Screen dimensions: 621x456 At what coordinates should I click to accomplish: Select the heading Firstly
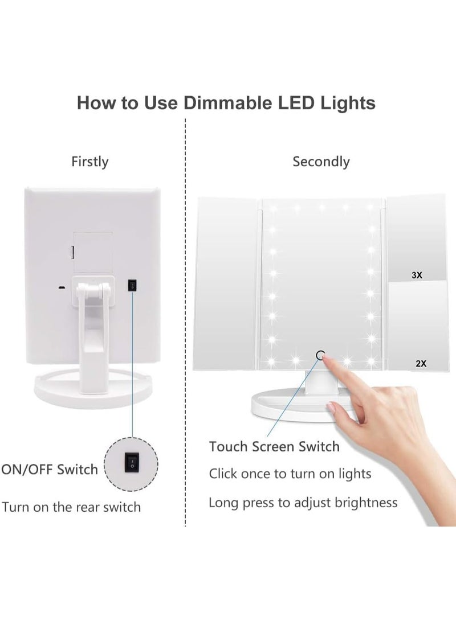coord(89,162)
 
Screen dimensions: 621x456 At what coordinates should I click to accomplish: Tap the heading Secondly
coord(321,162)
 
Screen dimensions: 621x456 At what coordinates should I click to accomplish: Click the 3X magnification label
coord(416,275)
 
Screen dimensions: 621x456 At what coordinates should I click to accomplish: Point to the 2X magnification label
coord(421,362)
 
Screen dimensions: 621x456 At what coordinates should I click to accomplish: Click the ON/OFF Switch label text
coord(50,470)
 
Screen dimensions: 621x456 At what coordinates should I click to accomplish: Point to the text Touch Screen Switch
coord(274,446)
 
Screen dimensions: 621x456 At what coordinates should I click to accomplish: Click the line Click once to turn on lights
coord(290,474)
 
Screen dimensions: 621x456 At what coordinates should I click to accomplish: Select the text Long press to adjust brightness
coord(303,503)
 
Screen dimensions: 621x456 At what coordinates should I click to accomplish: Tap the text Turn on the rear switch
coord(71,507)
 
